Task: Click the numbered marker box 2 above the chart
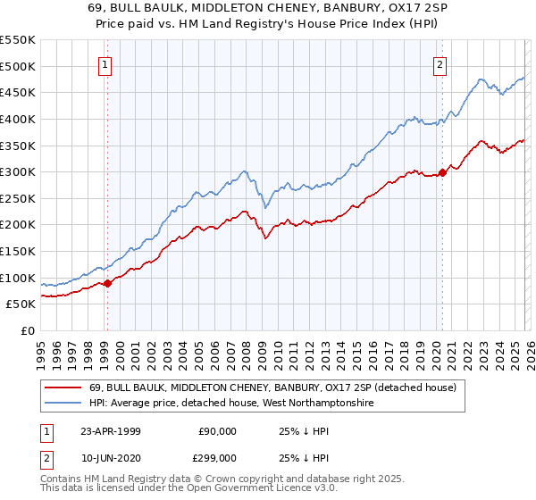click(441, 64)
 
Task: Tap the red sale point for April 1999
click(107, 283)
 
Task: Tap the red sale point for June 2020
click(442, 172)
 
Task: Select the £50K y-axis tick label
click(21, 304)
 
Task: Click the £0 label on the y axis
click(29, 331)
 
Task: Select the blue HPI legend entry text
click(230, 404)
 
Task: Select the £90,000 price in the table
click(216, 430)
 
